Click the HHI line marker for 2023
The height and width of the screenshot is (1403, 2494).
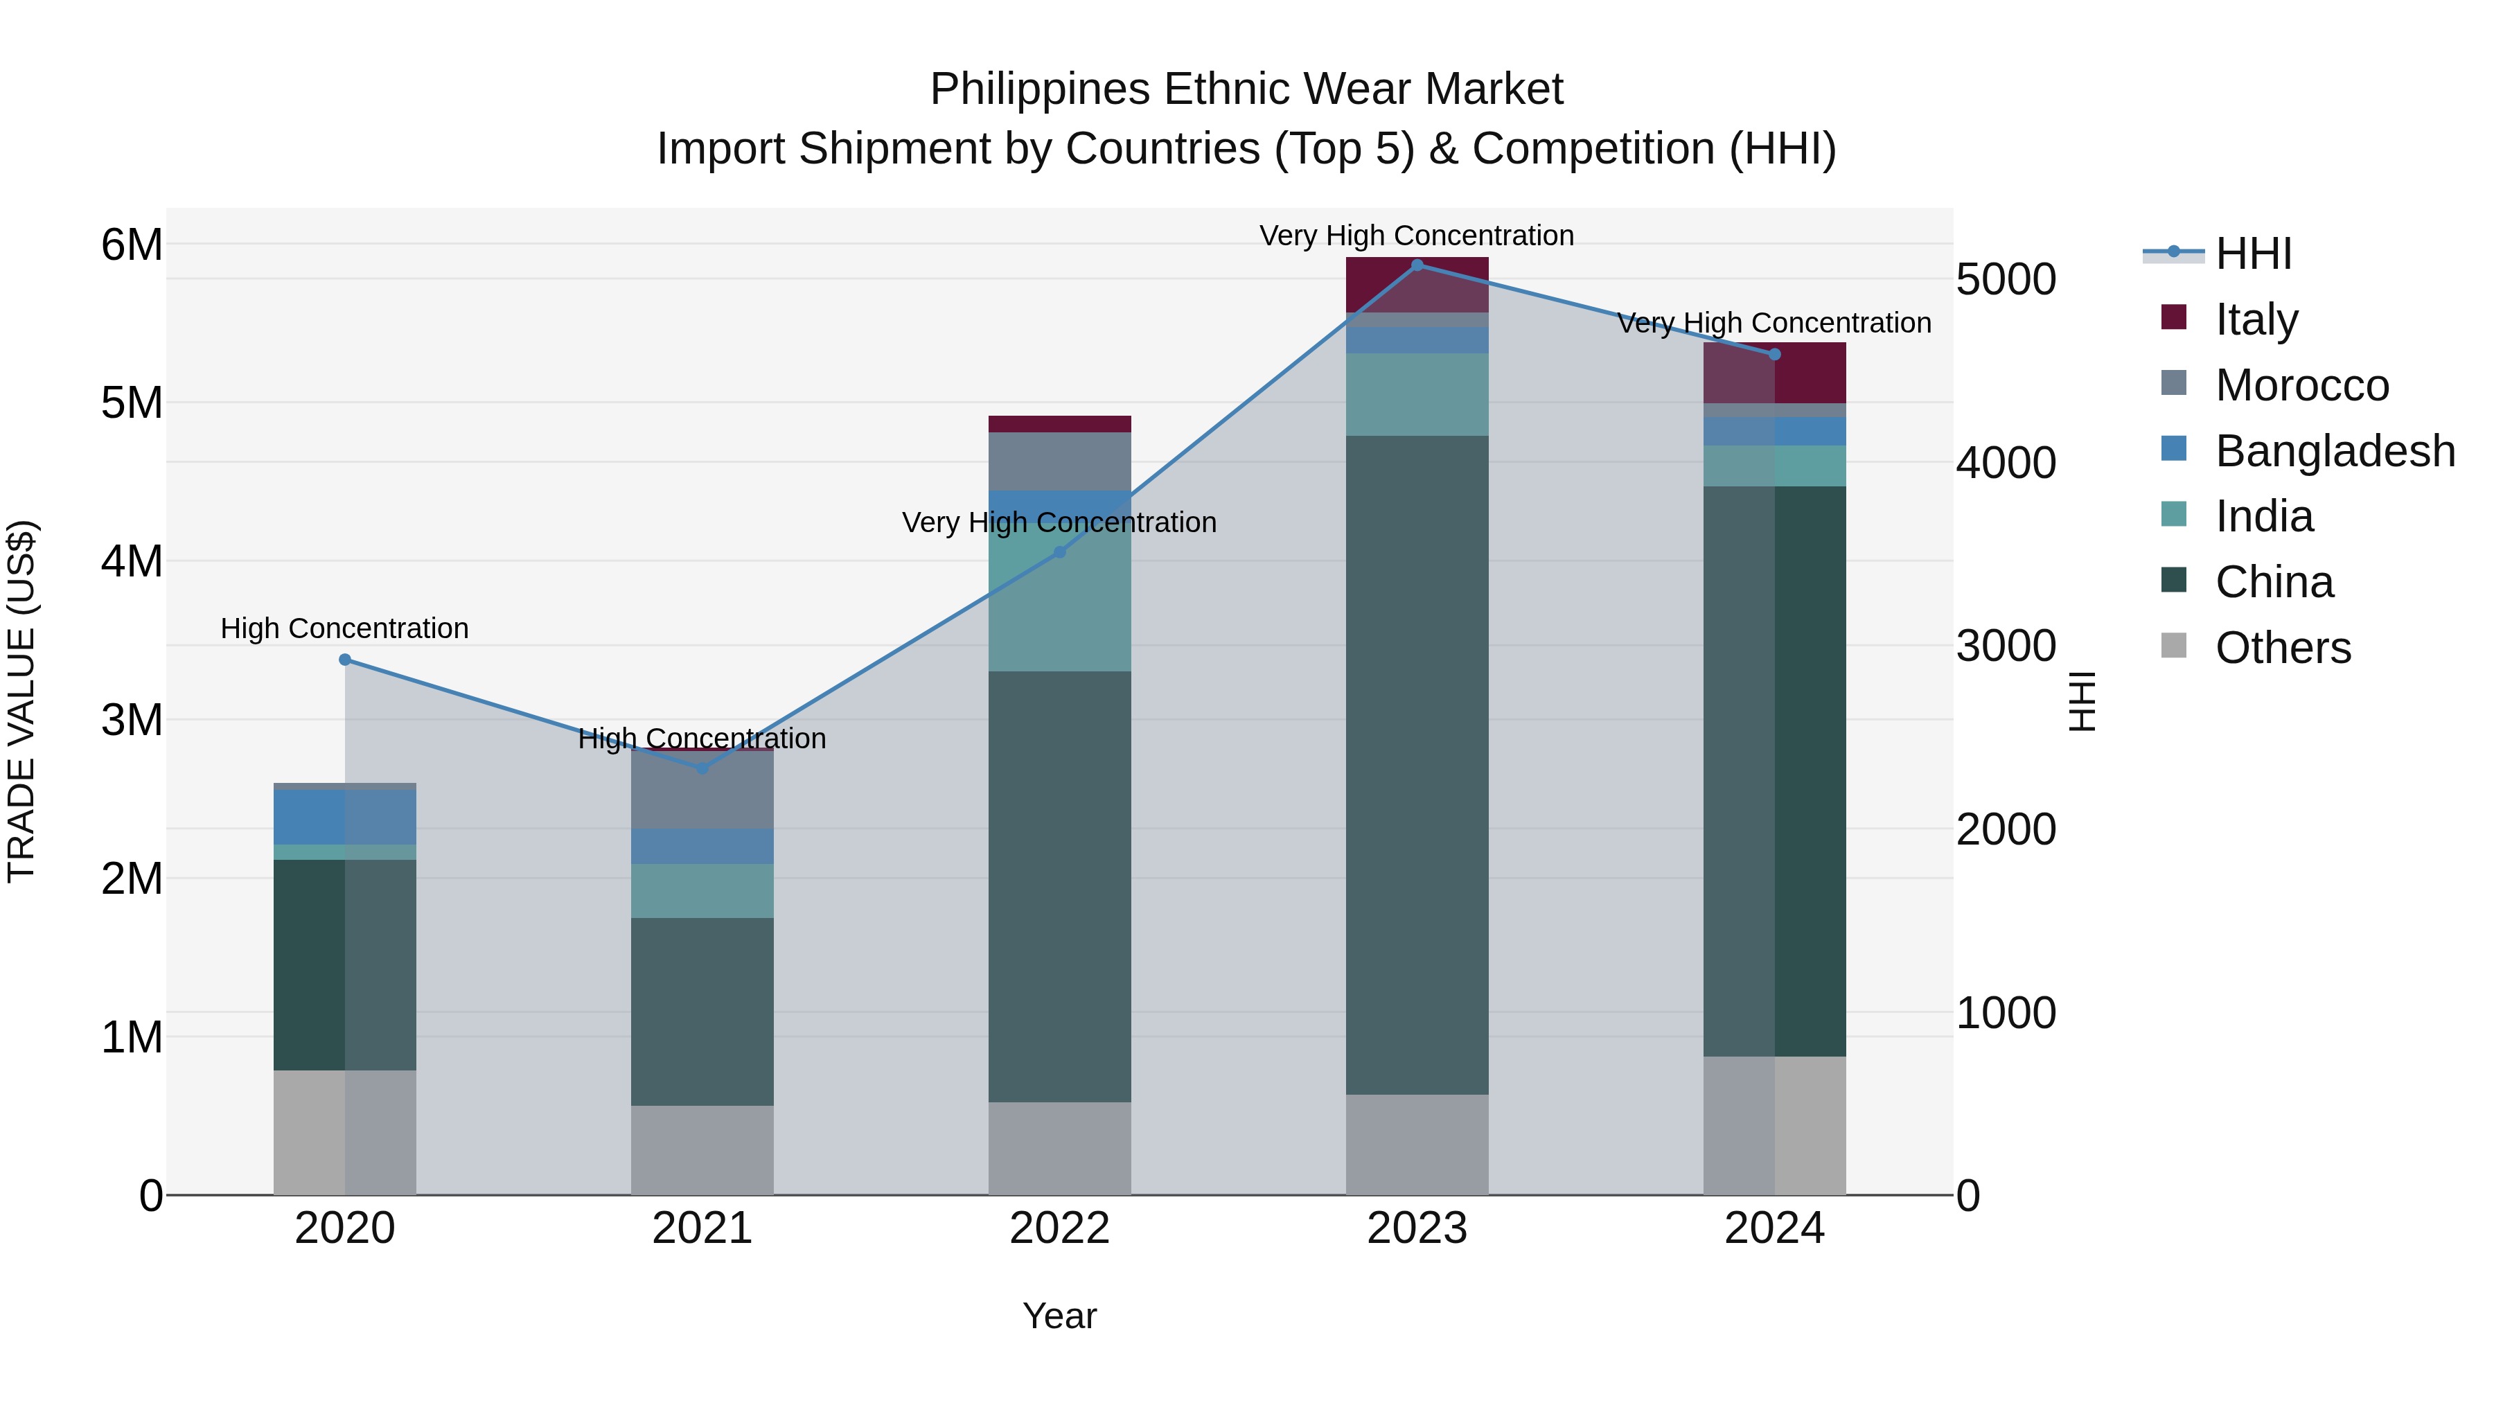click(x=1417, y=265)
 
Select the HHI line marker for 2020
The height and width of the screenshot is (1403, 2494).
click(x=345, y=660)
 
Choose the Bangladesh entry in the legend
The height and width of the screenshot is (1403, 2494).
click(x=2334, y=451)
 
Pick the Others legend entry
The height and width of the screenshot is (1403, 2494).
click(x=2282, y=648)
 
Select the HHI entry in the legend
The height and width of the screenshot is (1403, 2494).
click(x=2253, y=254)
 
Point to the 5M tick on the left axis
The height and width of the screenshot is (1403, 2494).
click(x=132, y=403)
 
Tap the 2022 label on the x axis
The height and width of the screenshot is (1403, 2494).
click(x=1059, y=1228)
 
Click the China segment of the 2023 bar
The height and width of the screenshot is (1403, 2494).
click(x=1417, y=765)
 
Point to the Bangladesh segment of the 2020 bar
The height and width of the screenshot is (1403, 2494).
click(x=345, y=816)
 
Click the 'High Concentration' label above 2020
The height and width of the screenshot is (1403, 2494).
click(x=345, y=628)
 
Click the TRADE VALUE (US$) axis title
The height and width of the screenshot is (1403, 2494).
click(x=21, y=701)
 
